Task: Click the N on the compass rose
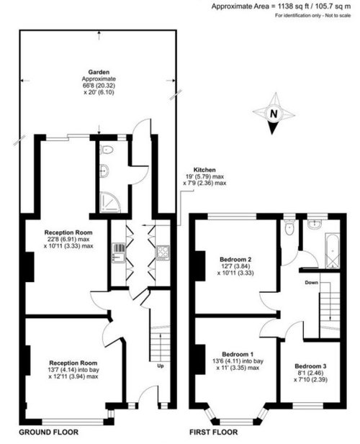[x=274, y=114]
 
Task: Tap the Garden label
[x=99, y=72]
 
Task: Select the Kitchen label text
[x=204, y=170]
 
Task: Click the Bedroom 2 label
[x=235, y=259]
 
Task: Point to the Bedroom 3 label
[x=311, y=366]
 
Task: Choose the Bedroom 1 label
[x=238, y=354]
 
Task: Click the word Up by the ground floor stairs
[x=161, y=366]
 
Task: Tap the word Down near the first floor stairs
[x=311, y=283]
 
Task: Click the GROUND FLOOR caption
[x=49, y=432]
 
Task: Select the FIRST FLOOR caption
[x=214, y=432]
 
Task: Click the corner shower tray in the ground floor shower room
[x=110, y=202]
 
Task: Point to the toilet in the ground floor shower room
[x=107, y=150]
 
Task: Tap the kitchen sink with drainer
[x=119, y=253]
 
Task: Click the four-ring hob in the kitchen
[x=163, y=253]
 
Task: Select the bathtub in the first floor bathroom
[x=333, y=251]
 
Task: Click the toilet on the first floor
[x=289, y=227]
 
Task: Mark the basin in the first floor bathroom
[x=315, y=225]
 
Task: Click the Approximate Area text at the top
[x=281, y=6]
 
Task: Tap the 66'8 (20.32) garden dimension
[x=99, y=86]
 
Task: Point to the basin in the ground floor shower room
[x=104, y=171]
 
